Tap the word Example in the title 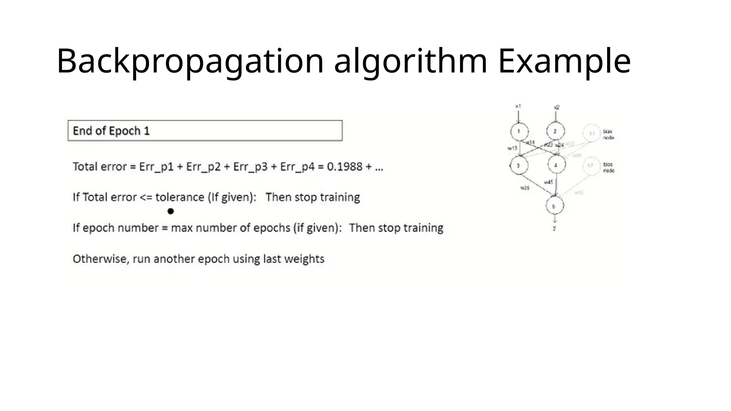tap(564, 61)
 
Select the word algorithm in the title tap(410, 61)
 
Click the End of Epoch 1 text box tap(205, 131)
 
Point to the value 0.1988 tap(344, 167)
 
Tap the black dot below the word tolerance tap(171, 211)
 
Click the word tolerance tap(180, 197)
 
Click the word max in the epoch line tap(182, 228)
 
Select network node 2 tap(555, 131)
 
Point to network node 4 tap(556, 165)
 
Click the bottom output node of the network tap(554, 206)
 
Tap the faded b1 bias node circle tap(592, 133)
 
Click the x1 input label tap(518, 106)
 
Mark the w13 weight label tap(512, 148)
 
